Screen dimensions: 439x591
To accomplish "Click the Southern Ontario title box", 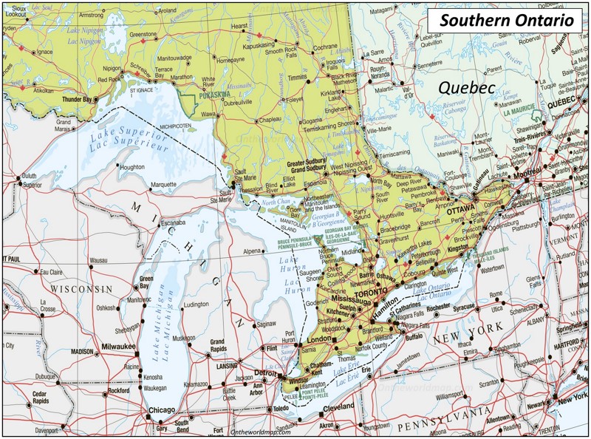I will [x=507, y=20].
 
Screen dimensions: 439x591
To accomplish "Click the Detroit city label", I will [x=265, y=372].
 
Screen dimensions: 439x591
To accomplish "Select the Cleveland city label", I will [x=339, y=407].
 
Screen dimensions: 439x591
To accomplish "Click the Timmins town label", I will [x=298, y=77].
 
